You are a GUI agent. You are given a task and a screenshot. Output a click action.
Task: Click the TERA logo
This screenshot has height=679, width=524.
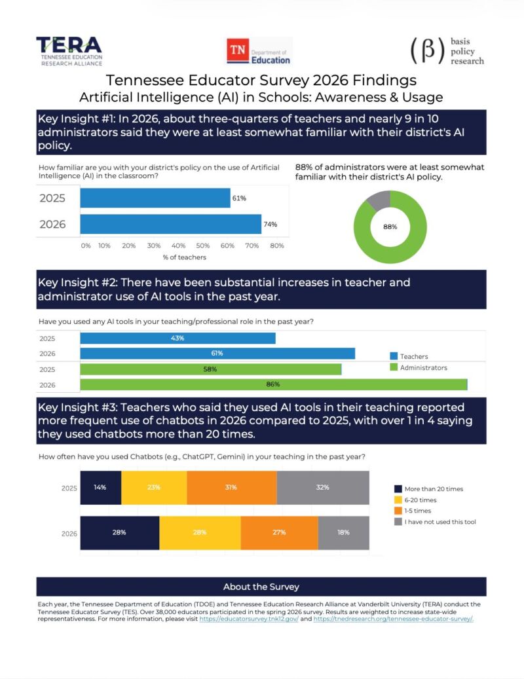(69, 51)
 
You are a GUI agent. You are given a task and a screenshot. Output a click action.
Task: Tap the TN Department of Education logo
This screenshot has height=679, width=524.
(259, 51)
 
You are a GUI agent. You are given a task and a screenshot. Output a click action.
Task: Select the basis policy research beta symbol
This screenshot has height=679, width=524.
(428, 51)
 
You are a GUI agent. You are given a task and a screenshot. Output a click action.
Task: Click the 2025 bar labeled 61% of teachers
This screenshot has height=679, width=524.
(155, 198)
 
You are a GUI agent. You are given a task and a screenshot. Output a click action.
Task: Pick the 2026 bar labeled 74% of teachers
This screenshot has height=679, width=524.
(170, 224)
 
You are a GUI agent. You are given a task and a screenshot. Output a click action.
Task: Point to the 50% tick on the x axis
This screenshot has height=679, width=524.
(202, 246)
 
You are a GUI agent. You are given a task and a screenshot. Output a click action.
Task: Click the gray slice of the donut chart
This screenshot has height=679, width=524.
(379, 200)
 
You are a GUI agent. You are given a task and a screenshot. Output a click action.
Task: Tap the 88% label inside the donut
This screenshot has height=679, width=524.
(390, 227)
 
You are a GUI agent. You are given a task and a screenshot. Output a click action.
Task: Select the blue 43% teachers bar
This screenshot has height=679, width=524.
(178, 339)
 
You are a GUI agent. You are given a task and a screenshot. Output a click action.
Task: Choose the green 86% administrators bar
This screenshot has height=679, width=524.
(274, 384)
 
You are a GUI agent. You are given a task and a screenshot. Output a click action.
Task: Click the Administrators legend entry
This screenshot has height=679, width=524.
(419, 367)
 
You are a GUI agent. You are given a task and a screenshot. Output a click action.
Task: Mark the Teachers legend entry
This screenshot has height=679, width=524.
(409, 356)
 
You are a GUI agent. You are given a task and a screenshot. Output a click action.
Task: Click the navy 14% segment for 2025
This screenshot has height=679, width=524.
(100, 488)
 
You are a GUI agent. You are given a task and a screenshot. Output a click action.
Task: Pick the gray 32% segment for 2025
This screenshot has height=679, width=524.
(323, 488)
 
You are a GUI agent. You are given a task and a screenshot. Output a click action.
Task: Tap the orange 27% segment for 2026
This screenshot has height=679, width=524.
(279, 532)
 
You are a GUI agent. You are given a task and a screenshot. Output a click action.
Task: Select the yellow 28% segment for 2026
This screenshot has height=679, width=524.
(200, 532)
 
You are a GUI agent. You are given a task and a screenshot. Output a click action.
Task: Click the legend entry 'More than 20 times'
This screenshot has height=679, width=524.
(429, 489)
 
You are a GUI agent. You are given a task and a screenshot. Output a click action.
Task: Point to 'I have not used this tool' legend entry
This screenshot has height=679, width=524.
(435, 522)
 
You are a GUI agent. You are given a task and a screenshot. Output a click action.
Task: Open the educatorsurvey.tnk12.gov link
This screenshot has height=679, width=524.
(249, 619)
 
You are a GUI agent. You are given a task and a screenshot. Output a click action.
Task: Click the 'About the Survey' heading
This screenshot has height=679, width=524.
(261, 587)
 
